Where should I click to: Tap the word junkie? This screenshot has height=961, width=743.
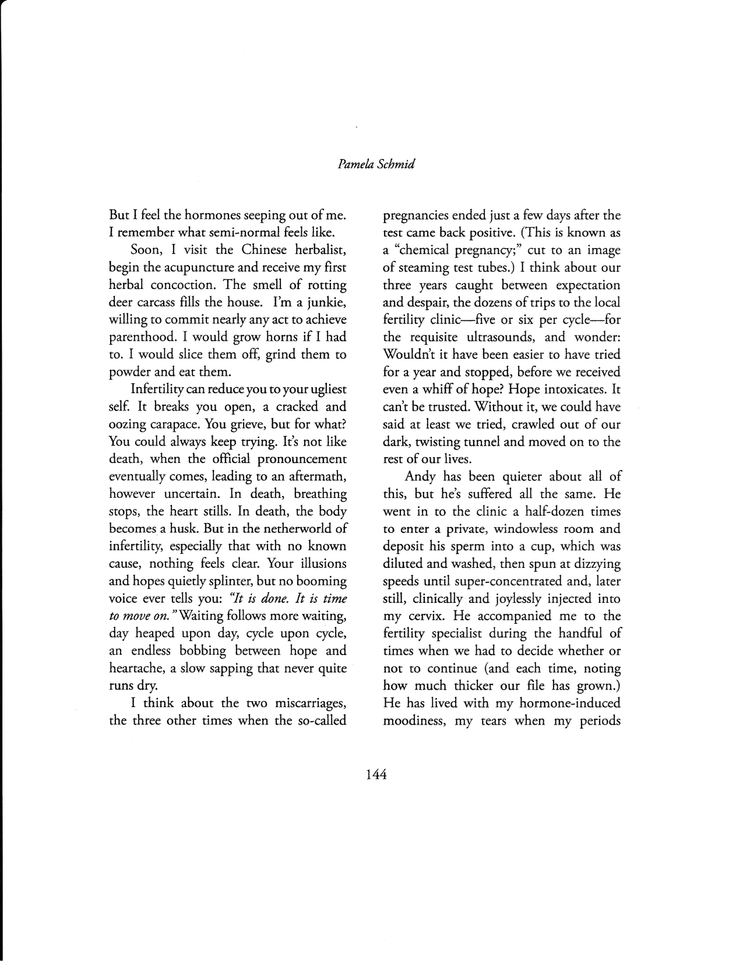pos(326,302)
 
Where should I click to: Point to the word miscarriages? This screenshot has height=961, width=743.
pos(308,703)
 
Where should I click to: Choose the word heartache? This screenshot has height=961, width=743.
pos(137,668)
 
